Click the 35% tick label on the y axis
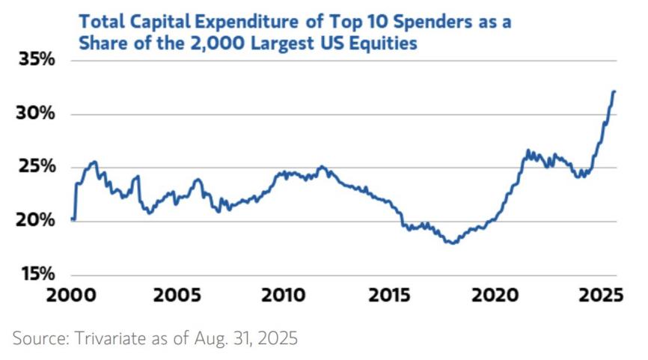point(35,61)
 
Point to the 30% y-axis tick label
point(35,115)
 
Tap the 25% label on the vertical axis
point(35,167)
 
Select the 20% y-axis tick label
point(35,221)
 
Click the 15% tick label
point(35,274)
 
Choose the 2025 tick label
point(602,295)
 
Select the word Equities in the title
point(383,44)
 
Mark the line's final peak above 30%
point(614,92)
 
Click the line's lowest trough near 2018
point(452,243)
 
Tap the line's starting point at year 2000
point(72,219)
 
